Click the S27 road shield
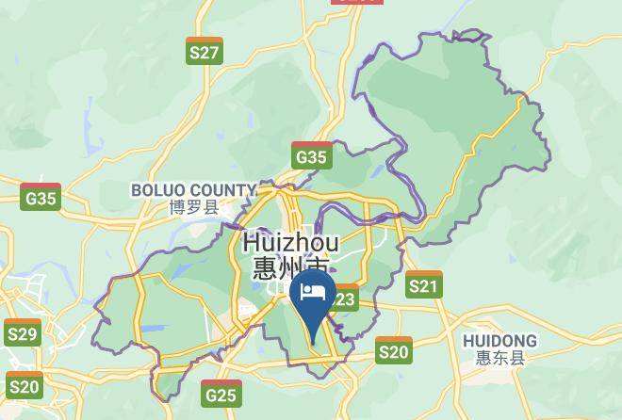click(205, 51)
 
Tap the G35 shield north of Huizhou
click(311, 155)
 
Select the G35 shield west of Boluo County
click(41, 198)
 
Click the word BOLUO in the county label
click(160, 190)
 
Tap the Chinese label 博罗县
click(193, 207)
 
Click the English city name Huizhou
click(290, 242)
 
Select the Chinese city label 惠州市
click(288, 268)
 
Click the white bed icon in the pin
click(312, 293)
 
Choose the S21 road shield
click(424, 284)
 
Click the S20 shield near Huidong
click(394, 351)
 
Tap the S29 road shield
click(22, 333)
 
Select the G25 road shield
click(221, 394)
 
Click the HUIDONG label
click(500, 341)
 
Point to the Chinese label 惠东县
click(499, 358)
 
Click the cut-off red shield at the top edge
click(357, 2)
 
